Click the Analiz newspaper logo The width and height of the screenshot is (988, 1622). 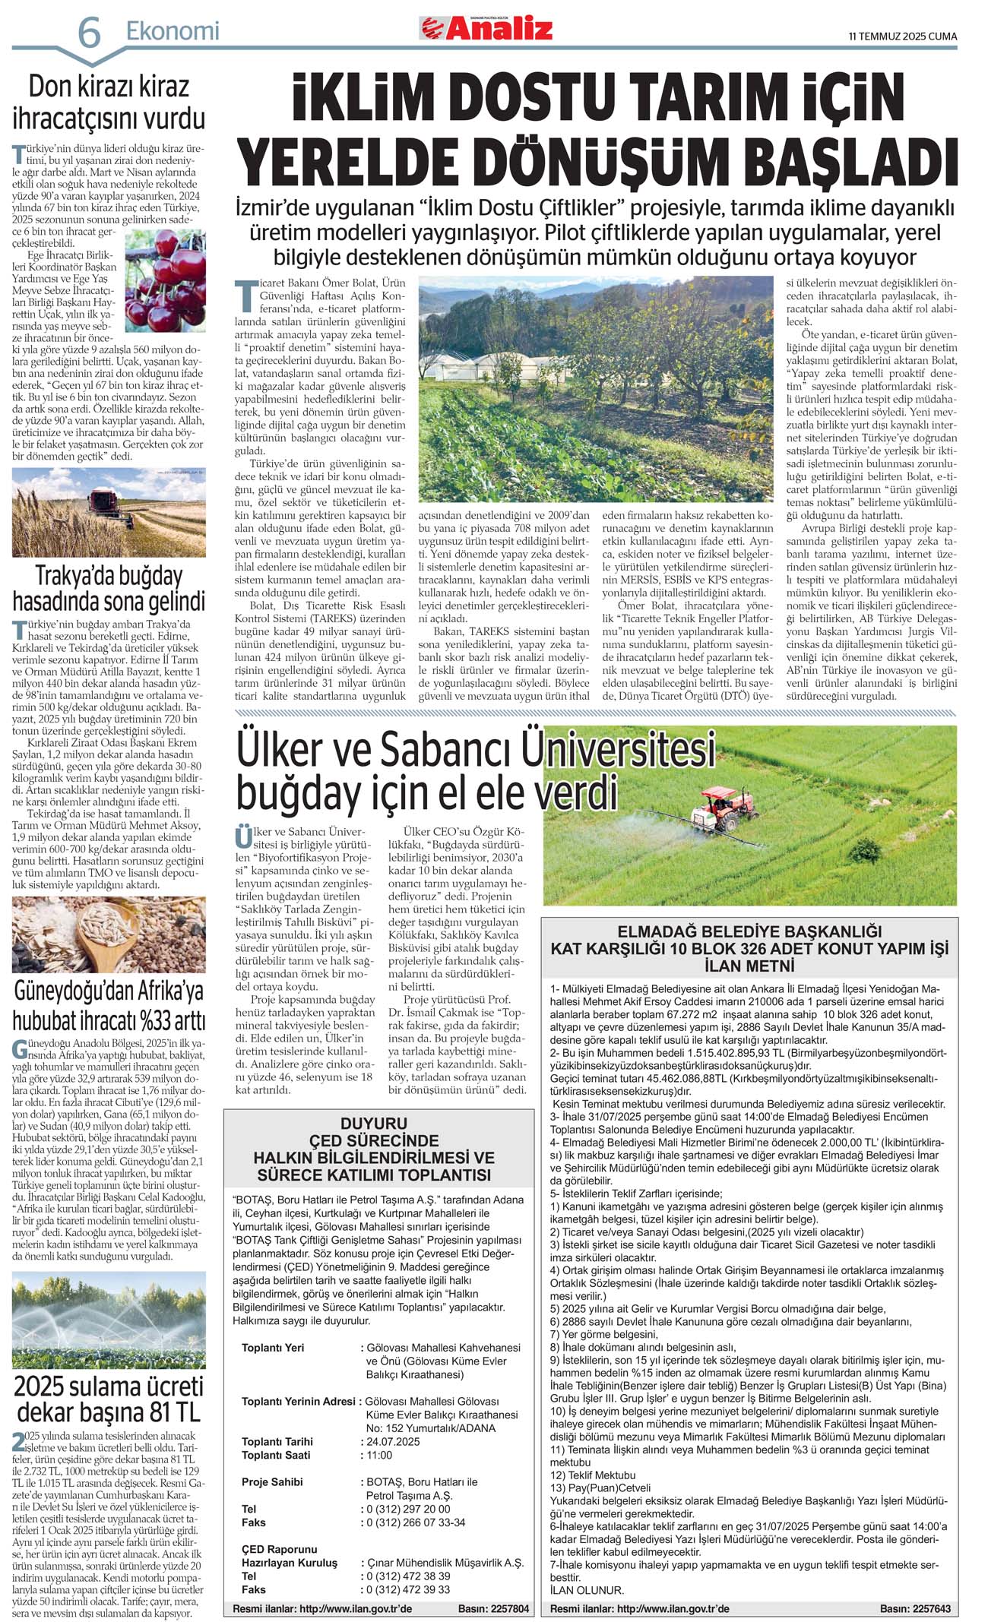(486, 29)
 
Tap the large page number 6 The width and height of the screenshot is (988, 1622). (89, 33)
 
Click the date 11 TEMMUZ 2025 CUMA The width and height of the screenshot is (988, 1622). (902, 36)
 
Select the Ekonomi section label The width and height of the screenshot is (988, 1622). (173, 31)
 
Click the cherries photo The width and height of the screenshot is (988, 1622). (165, 281)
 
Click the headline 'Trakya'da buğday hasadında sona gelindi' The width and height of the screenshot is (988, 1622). (109, 588)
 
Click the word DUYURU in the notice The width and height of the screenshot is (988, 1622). (374, 1123)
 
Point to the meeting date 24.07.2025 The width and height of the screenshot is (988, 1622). (393, 1441)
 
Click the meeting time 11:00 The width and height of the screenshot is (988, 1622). (379, 1455)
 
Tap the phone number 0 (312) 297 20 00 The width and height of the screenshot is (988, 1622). (408, 1509)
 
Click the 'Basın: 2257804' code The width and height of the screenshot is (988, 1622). (493, 1609)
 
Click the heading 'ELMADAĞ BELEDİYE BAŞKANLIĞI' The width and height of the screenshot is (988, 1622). (749, 931)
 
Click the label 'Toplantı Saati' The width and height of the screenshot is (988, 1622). (276, 1455)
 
